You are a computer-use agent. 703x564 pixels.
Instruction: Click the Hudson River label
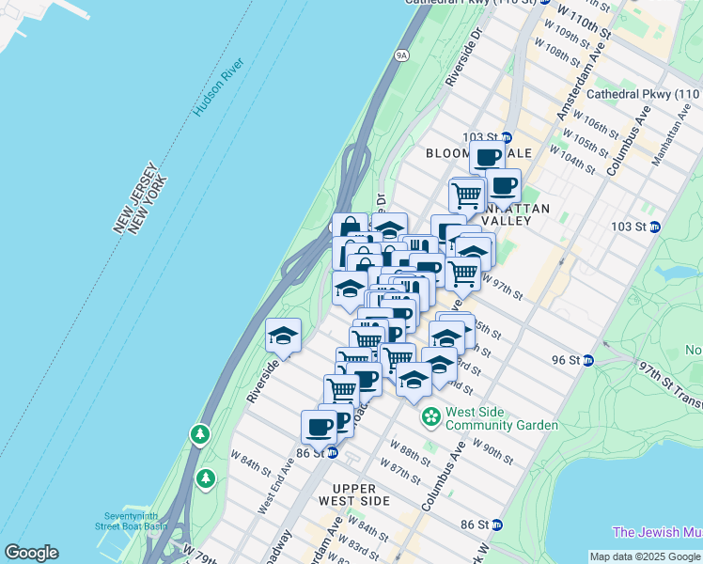tap(219, 87)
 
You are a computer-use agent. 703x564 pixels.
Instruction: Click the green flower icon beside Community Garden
tap(431, 415)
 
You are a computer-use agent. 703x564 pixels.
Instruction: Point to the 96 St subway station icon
tap(589, 360)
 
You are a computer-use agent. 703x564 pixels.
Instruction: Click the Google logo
tap(31, 553)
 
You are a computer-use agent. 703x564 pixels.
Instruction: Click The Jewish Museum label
tap(657, 532)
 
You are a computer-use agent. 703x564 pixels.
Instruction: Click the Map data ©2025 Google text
tap(645, 556)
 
